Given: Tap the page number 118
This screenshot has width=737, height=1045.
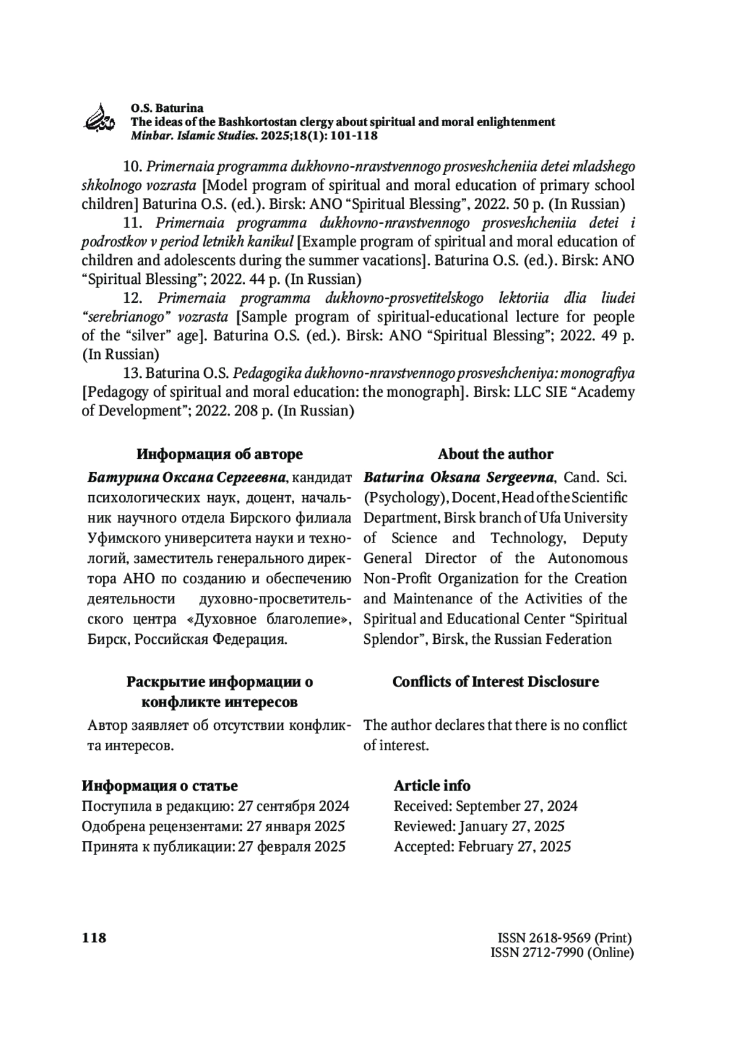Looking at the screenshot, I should [94, 937].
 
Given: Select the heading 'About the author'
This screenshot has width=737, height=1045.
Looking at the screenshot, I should [495, 454].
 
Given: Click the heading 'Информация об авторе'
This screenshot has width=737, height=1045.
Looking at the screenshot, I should [219, 454].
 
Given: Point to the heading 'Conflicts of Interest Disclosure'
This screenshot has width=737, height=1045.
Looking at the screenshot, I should [495, 681].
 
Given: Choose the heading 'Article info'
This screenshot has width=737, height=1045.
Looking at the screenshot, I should [432, 785].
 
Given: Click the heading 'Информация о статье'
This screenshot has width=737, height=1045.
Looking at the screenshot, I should [160, 785].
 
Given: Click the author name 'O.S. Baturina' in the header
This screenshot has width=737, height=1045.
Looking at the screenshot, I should [166, 108].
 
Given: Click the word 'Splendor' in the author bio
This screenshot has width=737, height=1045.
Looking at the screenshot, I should [391, 639].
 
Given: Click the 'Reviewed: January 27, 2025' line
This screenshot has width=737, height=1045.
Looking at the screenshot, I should [479, 826].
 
